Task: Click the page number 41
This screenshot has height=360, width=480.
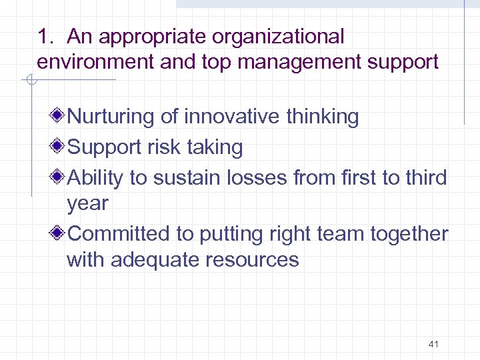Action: point(433,344)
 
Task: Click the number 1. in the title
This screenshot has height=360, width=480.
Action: point(45,37)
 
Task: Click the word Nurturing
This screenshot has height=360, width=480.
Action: point(111,117)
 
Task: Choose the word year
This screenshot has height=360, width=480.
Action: point(87,204)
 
